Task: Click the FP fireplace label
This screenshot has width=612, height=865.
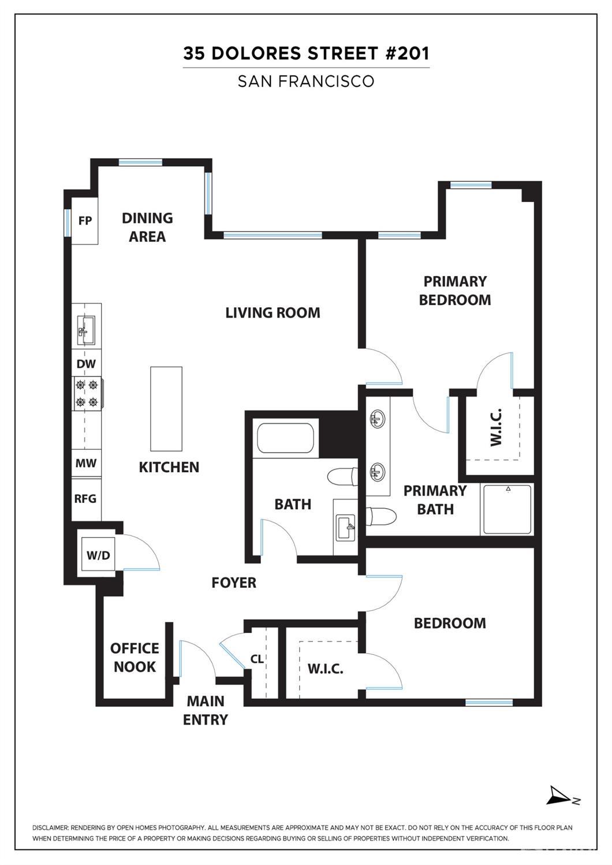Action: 85,221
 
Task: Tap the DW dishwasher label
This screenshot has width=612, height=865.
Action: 86,364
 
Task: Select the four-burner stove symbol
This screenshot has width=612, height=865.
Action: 87,393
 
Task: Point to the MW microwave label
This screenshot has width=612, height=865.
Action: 86,463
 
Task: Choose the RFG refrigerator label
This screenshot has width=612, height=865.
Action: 85,498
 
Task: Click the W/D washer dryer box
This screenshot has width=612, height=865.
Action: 98,555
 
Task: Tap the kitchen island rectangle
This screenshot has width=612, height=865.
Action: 166,408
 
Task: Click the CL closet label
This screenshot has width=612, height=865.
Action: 257,658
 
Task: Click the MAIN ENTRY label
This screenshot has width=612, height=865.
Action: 206,710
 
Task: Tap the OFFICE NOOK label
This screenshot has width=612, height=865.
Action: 135,657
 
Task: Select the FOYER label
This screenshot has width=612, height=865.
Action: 234,582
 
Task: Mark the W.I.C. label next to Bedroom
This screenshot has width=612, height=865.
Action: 325,669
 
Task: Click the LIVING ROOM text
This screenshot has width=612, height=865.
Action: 273,312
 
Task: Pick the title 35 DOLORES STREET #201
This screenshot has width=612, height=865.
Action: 306,53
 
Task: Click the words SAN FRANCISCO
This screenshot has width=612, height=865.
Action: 306,81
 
